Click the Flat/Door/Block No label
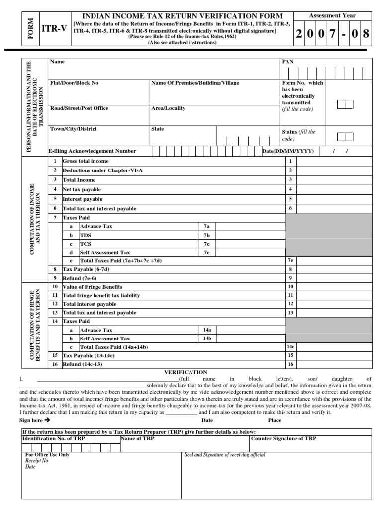[74, 83]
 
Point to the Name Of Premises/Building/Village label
[194, 83]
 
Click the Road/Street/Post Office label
[79, 108]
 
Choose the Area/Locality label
[169, 108]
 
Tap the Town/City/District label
[74, 129]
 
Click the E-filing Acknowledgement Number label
[92, 151]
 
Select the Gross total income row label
[85, 161]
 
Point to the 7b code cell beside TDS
[206, 235]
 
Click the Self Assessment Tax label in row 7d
[105, 253]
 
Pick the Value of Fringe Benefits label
[92, 287]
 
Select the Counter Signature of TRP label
[284, 439]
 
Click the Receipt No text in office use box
[37, 461]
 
